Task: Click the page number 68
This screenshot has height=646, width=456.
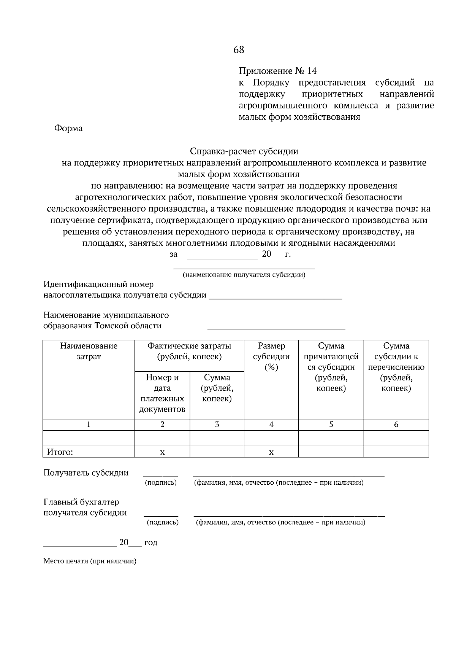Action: (x=239, y=50)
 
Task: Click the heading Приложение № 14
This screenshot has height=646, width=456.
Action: (x=277, y=71)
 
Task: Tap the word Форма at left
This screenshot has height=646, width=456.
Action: (x=68, y=129)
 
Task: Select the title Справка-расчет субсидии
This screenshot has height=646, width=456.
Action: (x=244, y=151)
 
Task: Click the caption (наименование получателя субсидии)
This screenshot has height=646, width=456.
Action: (x=244, y=275)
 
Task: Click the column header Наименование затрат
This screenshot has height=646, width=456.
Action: (x=89, y=351)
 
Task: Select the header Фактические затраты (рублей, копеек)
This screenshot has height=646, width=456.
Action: (x=189, y=351)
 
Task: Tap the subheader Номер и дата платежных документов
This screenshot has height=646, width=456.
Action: (x=162, y=393)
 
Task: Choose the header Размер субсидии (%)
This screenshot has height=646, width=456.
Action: (x=271, y=356)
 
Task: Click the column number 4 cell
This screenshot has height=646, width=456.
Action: (x=271, y=425)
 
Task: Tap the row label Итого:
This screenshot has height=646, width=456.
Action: (x=60, y=452)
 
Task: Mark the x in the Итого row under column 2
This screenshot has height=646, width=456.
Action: (x=162, y=452)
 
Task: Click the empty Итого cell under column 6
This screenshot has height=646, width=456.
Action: (x=396, y=452)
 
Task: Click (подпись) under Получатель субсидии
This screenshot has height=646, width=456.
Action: (x=161, y=483)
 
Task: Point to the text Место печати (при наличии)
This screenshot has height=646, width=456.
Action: (x=90, y=561)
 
